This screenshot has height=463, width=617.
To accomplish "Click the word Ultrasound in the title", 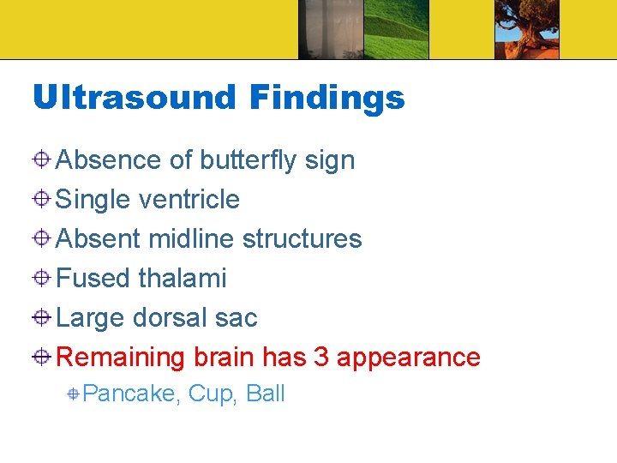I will click(133, 98).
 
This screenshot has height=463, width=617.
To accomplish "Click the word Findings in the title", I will click(326, 98).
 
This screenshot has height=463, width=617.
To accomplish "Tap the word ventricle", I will click(189, 200).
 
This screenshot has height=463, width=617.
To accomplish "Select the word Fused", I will click(93, 279).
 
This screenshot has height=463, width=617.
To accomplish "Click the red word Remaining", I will click(121, 357).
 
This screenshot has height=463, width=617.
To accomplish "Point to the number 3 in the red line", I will click(321, 357).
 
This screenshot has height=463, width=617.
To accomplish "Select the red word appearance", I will click(408, 357).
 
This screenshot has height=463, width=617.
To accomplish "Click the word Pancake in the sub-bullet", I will click(130, 394).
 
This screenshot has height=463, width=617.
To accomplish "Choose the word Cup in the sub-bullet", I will click(212, 394).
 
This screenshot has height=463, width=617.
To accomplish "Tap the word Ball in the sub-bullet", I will click(266, 394).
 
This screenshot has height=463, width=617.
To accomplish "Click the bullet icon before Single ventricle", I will click(42, 200).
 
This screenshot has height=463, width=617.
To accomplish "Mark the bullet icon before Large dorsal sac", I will click(42, 318).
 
